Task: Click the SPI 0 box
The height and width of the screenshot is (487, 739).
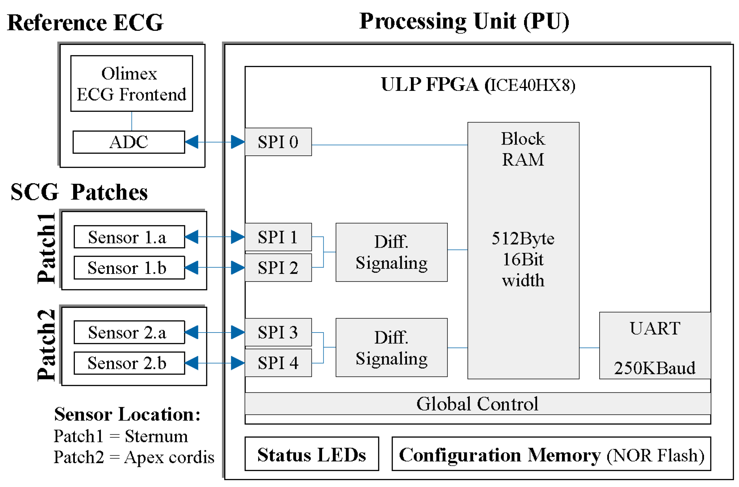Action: (278, 142)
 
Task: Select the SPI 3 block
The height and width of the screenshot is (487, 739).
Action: (278, 332)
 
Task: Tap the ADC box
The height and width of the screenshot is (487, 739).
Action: (128, 142)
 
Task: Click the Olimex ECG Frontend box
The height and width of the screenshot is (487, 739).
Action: (131, 84)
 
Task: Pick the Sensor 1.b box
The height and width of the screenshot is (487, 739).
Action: (129, 268)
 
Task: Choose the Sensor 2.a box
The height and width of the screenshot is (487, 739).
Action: (129, 332)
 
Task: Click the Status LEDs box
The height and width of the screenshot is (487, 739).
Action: (311, 454)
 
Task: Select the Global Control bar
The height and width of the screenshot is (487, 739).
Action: (477, 404)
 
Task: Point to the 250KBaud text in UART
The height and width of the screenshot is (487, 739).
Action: (654, 368)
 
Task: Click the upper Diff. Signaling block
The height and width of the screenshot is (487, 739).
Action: (391, 252)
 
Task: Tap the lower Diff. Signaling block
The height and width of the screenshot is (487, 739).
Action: (391, 348)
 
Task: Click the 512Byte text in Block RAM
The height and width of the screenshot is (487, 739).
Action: (523, 238)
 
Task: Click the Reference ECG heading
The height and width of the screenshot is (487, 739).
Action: (85, 23)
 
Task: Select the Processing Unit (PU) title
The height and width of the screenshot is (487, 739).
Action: (464, 21)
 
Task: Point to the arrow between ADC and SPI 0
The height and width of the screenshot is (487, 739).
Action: (215, 142)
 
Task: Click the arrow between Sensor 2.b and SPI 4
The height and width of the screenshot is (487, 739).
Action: (215, 363)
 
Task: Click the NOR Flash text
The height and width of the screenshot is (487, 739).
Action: (655, 455)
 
